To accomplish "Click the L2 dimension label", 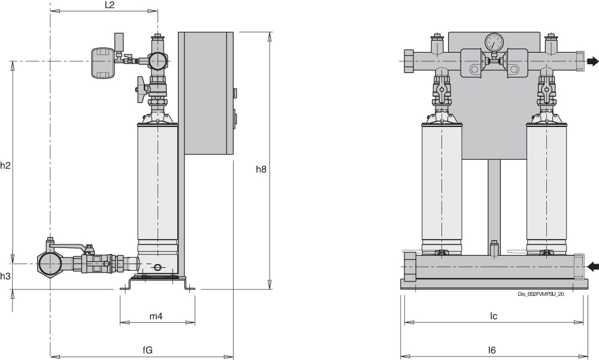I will tap(109, 5).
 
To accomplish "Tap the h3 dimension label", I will tap(5, 276).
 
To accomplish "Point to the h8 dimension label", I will tap(261, 170).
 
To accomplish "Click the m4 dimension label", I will tap(156, 317).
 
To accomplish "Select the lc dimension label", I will tap(494, 316).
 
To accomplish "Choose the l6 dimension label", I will tap(492, 350).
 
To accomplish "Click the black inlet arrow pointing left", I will tap(592, 266).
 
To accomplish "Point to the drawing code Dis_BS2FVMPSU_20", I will tap(541, 294).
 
